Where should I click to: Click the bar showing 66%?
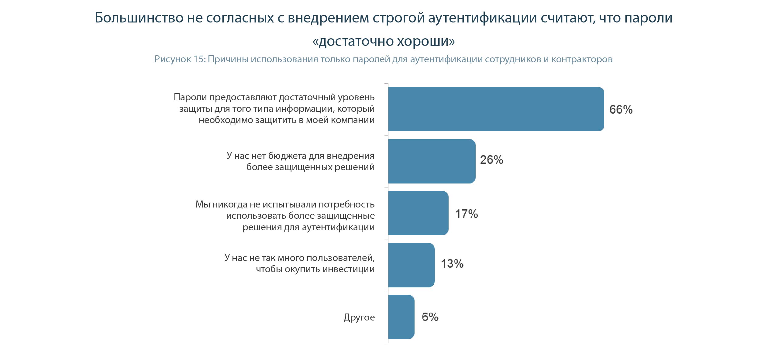[x=496, y=109]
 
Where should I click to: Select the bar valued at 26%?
[x=432, y=161]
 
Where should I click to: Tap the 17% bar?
[x=418, y=213]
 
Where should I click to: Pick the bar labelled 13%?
[x=411, y=265]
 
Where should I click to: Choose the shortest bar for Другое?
[x=401, y=317]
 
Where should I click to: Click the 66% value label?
[x=621, y=110]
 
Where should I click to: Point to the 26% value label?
[x=491, y=160]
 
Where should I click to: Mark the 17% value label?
[x=467, y=214]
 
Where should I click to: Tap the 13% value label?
[x=452, y=264]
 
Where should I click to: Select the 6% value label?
[x=430, y=317]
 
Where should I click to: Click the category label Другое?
[x=359, y=317]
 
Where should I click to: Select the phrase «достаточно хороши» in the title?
[x=384, y=41]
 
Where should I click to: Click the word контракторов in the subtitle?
[x=582, y=59]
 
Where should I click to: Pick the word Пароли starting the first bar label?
[x=190, y=97]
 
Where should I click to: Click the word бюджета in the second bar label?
[x=287, y=156]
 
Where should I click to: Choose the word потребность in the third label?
[x=346, y=204]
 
